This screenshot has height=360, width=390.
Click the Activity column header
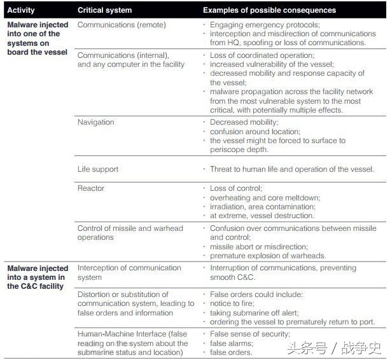pyautogui.click(x=22, y=10)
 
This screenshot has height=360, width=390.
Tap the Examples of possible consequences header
pyautogui.click(x=269, y=10)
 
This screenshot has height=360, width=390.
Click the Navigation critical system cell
pyautogui.click(x=96, y=122)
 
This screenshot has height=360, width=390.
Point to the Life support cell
pyautogui.click(x=98, y=169)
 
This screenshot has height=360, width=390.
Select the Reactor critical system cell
pyautogui.click(x=91, y=188)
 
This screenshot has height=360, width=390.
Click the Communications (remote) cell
pyautogui.click(x=122, y=25)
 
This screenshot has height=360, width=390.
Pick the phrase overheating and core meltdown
pyautogui.click(x=265, y=198)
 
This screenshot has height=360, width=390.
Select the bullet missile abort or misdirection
pyautogui.click(x=259, y=247)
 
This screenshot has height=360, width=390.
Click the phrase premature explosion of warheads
pyautogui.click(x=268, y=256)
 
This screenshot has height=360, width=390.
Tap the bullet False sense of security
pyautogui.click(x=250, y=334)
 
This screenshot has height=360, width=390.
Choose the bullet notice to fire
pyautogui.click(x=233, y=304)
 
